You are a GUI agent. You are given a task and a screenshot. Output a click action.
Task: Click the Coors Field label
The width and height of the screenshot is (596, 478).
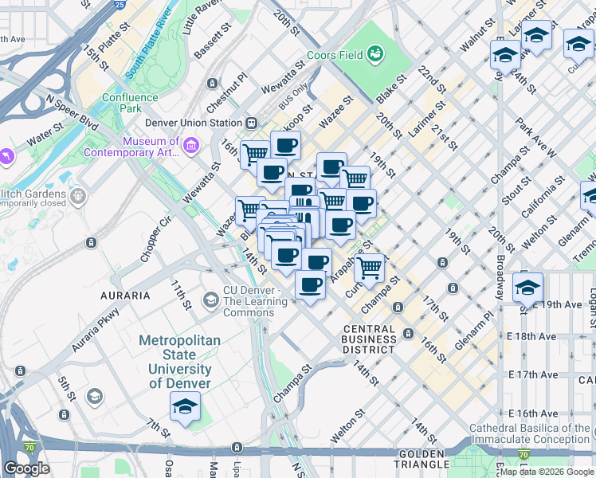335,54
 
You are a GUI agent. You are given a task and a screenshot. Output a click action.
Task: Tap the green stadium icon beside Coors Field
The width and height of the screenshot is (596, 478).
374,54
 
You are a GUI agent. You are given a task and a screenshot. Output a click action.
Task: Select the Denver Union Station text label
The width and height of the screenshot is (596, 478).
193,123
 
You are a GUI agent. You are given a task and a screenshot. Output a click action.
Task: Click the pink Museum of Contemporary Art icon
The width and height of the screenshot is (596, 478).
190,146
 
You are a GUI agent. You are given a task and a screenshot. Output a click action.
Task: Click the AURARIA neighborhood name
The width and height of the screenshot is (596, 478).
125,295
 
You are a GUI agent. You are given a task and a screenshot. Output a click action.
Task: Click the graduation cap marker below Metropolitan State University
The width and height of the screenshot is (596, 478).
185,406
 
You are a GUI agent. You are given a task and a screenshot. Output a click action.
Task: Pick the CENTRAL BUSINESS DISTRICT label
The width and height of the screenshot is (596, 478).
369,339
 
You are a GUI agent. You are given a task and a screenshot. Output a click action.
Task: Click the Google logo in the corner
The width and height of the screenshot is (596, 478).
27,468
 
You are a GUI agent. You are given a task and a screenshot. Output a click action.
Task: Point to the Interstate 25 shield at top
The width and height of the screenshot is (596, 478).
119,5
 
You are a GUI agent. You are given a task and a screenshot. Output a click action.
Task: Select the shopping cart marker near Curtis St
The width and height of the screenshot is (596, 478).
371,268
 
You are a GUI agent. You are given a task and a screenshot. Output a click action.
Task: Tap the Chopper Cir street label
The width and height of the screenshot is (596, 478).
155,239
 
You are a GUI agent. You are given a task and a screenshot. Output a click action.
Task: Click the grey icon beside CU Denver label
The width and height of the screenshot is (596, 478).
210,300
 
